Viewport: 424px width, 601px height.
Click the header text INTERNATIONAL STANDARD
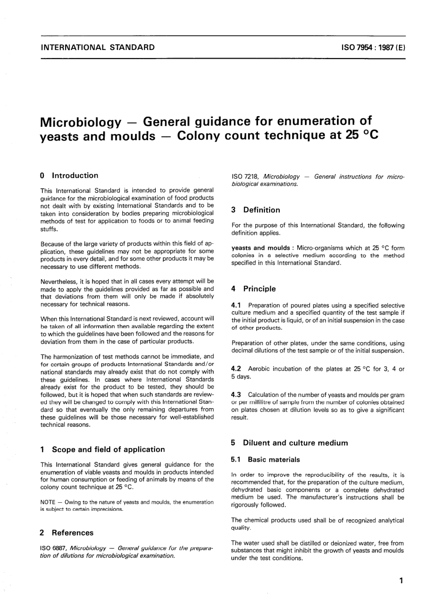[97, 47]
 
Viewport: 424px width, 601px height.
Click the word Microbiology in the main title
[80, 122]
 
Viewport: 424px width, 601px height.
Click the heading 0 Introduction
[69, 175]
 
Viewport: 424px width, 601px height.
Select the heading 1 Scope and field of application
[103, 450]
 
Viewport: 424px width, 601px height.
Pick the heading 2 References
[67, 533]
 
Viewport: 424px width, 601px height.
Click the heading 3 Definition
[256, 210]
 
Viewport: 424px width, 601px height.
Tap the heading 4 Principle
[254, 289]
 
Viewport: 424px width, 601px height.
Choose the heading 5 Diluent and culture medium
[289, 443]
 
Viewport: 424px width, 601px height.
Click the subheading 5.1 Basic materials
[266, 459]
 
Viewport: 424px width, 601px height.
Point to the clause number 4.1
[236, 305]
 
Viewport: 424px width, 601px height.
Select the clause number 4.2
[236, 369]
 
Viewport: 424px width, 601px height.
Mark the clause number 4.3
[236, 395]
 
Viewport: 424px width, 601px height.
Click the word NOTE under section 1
[48, 502]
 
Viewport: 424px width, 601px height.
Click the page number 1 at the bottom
[401, 581]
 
